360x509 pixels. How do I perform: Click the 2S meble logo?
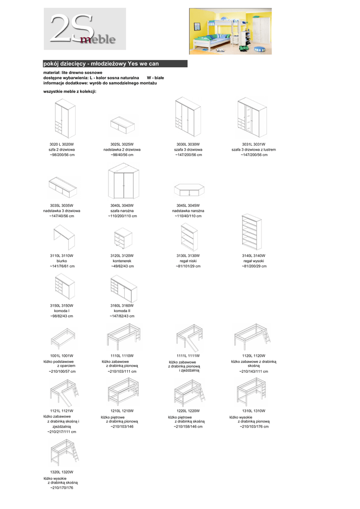click(85, 29)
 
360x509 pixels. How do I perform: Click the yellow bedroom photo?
click(231, 31)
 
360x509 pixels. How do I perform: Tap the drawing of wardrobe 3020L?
click(65, 118)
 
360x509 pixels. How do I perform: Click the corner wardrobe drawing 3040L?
click(123, 180)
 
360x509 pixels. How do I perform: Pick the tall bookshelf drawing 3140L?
click(252, 232)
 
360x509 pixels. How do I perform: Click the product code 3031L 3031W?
click(254, 145)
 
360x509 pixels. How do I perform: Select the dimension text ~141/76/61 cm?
click(62, 266)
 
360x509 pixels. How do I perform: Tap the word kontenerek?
click(122, 261)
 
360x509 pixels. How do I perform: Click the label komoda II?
click(122, 311)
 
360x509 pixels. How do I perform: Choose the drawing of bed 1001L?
click(63, 338)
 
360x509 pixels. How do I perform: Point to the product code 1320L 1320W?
click(62, 472)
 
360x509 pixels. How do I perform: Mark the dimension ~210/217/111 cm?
click(62, 432)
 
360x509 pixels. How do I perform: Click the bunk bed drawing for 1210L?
click(123, 392)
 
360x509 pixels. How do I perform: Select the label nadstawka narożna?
click(188, 211)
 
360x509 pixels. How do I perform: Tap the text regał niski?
click(188, 261)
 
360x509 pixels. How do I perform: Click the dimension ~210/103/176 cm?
click(254, 427)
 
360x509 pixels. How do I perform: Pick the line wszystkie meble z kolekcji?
click(70, 91)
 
